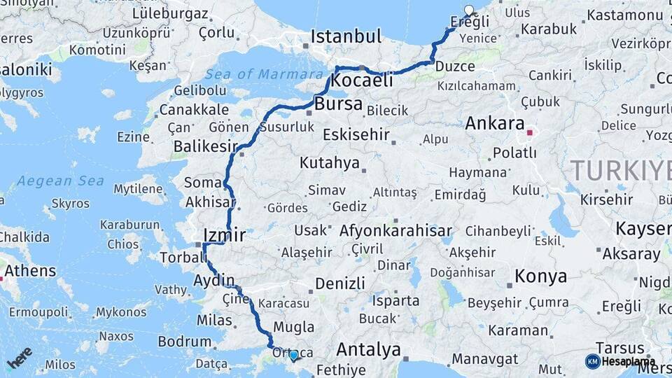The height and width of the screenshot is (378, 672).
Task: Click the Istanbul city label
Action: pos(346,36)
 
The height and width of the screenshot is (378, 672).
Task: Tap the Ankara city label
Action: pos(495,124)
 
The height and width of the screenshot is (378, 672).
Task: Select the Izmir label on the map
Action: pos(223,235)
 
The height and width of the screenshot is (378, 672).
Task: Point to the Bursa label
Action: pos(339,105)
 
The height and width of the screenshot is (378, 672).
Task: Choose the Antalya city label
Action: pos(368,349)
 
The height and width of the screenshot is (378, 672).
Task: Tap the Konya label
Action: pos(540,276)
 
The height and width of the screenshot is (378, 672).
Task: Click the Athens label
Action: pos(30,271)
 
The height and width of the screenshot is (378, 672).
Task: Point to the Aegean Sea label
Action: pos(60,181)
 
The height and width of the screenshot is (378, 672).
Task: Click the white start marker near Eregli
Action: pos(469,10)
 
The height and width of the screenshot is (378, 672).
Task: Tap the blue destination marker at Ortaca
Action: pos(294,355)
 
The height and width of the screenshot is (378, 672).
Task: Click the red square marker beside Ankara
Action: pos(530,132)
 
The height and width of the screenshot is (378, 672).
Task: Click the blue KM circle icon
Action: pos(592,361)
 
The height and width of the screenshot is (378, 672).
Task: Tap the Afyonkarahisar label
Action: pos(395,230)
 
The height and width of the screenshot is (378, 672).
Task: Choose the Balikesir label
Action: pos(204,146)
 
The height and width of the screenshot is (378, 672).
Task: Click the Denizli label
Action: pos(340,283)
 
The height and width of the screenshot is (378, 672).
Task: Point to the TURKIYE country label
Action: pos(619,170)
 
